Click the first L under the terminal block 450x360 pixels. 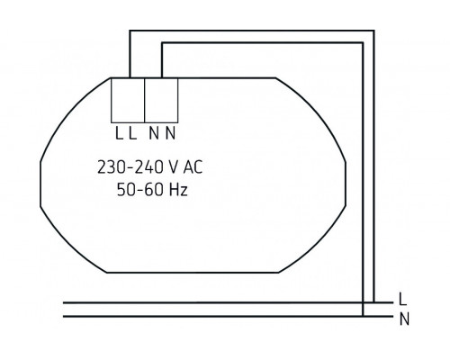tap(119, 134)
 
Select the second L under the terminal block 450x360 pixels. tap(132, 134)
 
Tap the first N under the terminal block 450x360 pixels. tap(154, 134)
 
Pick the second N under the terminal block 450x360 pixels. tap(168, 134)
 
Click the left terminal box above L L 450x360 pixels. tap(128, 100)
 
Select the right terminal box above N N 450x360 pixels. tap(161, 100)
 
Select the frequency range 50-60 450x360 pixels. tap(139, 191)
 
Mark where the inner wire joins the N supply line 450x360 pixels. tap(361, 316)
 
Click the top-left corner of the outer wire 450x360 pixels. tap(129, 31)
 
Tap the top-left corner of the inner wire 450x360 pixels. tap(161, 47)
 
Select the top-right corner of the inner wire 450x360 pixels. tap(361, 47)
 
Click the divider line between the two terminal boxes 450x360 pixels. tap(145, 100)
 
